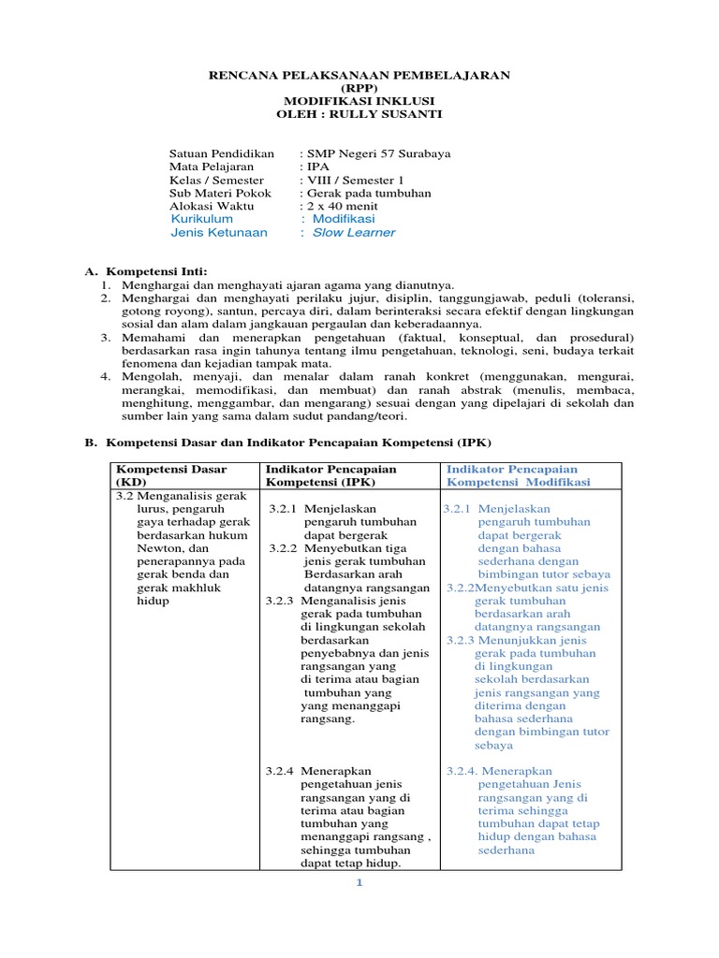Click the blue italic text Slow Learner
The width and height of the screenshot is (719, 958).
click(x=353, y=233)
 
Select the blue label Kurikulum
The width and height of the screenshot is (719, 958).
click(x=202, y=219)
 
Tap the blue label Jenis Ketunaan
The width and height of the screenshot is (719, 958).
click(x=219, y=233)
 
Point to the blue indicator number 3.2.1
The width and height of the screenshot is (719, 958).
click(x=459, y=509)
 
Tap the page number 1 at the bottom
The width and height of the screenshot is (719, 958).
click(x=359, y=882)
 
